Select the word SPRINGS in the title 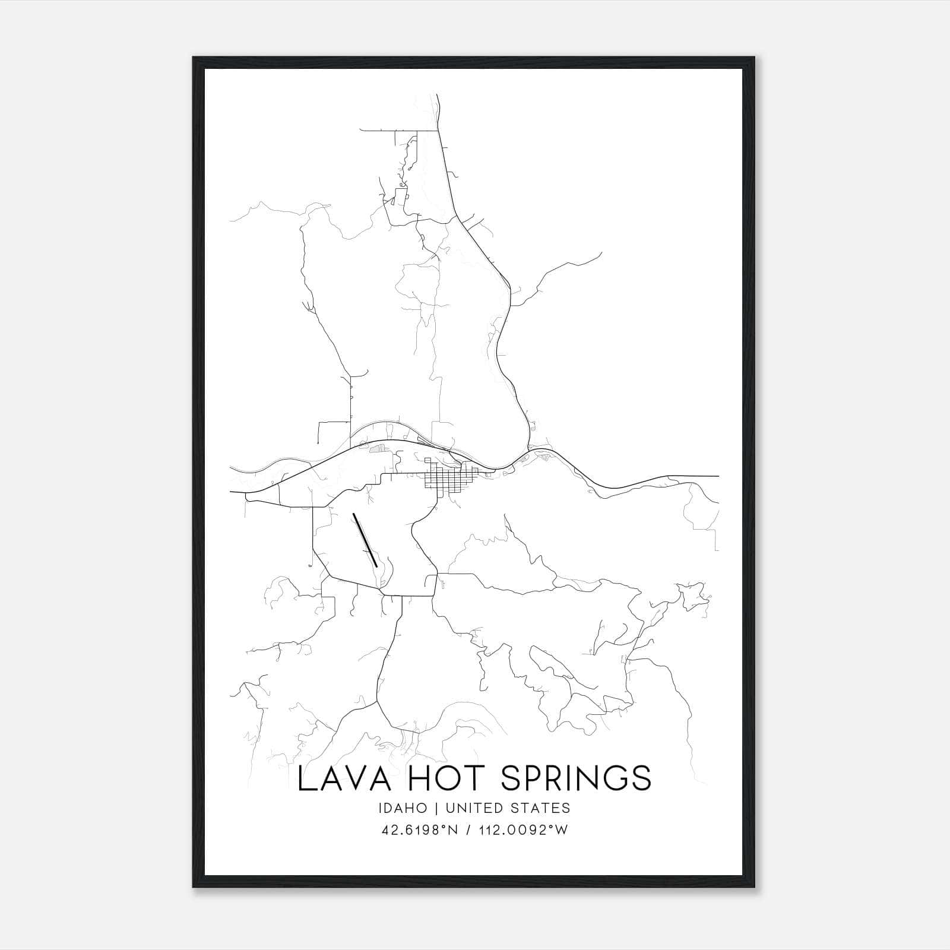coord(577,778)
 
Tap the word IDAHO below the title coord(401,808)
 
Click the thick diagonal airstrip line coord(365,540)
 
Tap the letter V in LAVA coord(354,778)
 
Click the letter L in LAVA coord(305,778)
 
